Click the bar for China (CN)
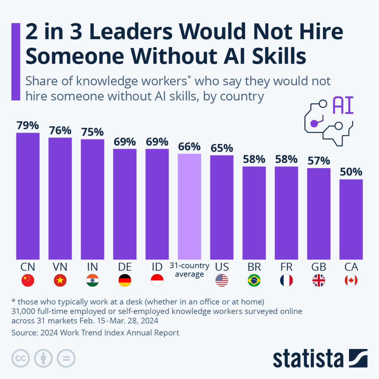click(x=28, y=196)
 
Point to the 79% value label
click(x=28, y=125)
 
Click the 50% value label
click(x=351, y=172)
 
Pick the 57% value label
click(x=319, y=161)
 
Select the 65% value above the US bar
click(x=222, y=148)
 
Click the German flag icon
click(x=125, y=281)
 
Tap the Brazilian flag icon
click(x=254, y=281)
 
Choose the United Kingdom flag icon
click(x=319, y=281)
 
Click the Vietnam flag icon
click(x=60, y=281)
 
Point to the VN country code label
click(x=60, y=267)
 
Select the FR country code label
click(x=286, y=267)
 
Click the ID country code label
click(x=157, y=267)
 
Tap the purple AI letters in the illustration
click(x=343, y=106)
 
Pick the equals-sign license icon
click(x=66, y=358)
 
